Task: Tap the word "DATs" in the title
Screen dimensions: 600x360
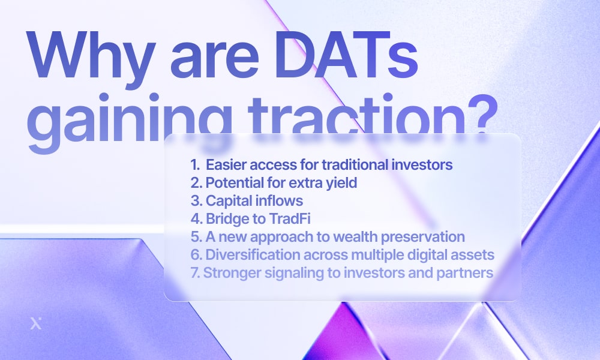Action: tap(346, 55)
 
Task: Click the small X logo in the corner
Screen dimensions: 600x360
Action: tap(36, 323)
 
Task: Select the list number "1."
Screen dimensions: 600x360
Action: tap(195, 165)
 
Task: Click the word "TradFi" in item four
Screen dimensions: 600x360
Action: tap(290, 219)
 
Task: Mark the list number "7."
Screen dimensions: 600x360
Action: tap(196, 273)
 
